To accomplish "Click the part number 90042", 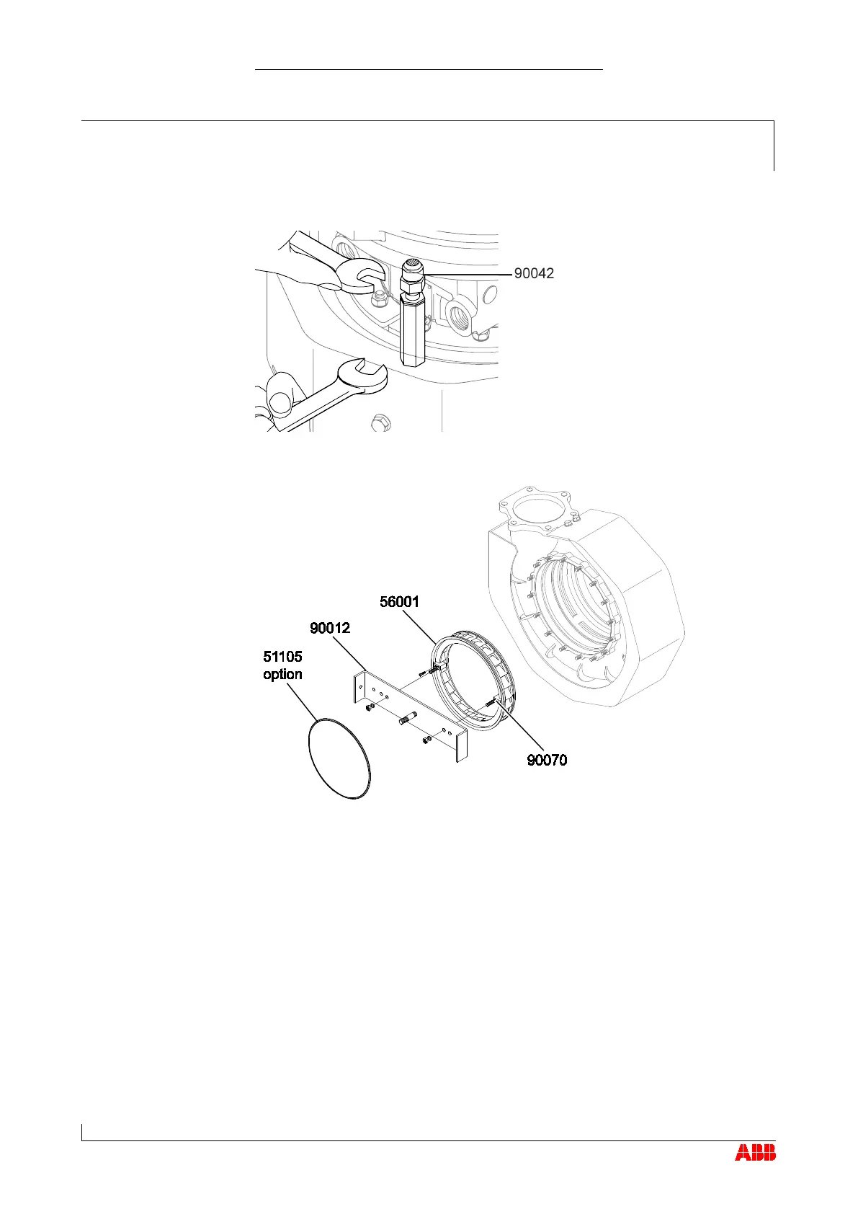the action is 534,274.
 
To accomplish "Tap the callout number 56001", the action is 399,602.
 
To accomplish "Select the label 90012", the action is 330,628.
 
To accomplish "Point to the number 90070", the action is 547,760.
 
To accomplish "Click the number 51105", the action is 282,657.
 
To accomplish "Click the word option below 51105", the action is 282,674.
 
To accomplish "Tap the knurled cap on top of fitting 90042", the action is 412,265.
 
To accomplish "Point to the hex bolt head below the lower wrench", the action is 380,422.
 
